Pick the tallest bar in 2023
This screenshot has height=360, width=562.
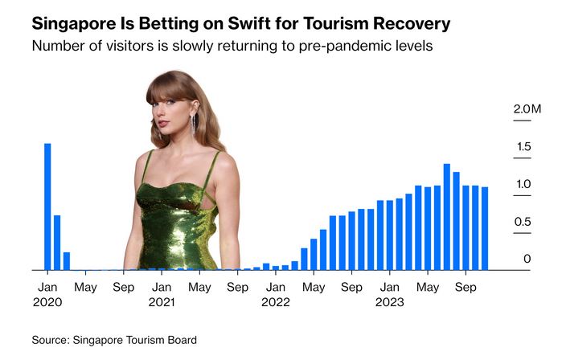coord(446,217)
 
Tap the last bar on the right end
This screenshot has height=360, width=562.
coord(485,228)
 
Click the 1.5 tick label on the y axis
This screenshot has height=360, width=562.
coord(523,146)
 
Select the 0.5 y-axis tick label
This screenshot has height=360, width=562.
coord(523,222)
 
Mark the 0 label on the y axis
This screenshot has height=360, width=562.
coord(527,259)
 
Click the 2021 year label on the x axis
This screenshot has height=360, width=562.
coord(162,302)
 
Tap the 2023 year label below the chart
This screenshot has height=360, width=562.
coord(390,302)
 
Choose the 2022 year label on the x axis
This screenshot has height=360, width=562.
coord(276,302)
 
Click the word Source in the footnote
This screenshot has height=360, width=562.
coord(51,341)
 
